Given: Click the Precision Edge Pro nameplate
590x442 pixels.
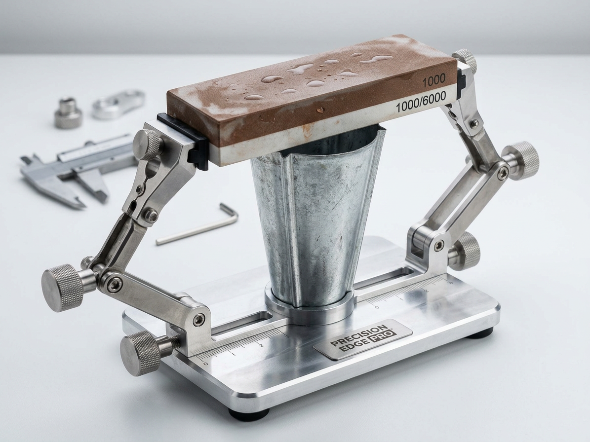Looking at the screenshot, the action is pos(363,339).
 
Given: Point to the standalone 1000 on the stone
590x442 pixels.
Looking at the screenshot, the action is pos(434,80).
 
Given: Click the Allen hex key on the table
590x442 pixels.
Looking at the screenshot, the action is pos(197,225).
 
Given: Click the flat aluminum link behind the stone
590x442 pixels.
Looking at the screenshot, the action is pos(118,104).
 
